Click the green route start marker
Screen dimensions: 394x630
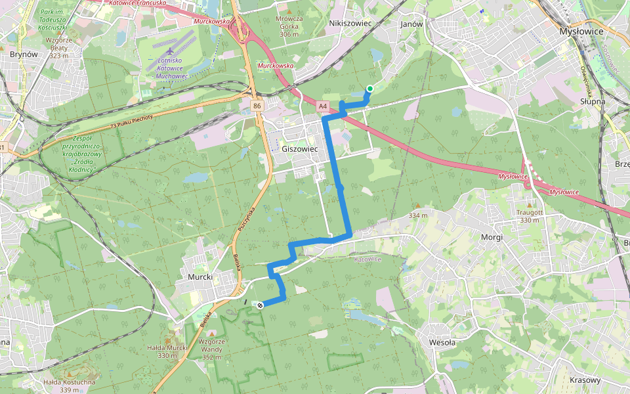click(x=370, y=89)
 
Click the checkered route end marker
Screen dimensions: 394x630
click(x=261, y=304)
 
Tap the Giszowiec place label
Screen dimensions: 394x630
click(x=299, y=149)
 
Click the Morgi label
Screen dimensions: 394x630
click(x=492, y=237)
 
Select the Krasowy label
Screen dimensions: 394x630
click(x=585, y=380)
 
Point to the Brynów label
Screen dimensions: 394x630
click(x=23, y=55)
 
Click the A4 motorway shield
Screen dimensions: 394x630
click(x=322, y=105)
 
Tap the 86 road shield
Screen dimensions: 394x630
click(x=256, y=105)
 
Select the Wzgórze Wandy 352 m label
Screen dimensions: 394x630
click(x=212, y=349)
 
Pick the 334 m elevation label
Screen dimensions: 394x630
click(x=418, y=215)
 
